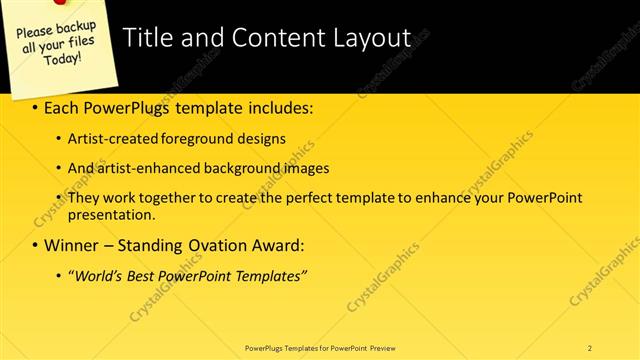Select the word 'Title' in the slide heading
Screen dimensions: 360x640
pos(147,38)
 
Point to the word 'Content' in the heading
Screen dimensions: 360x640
pos(273,38)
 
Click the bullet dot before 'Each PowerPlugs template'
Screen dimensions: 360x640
pos(37,108)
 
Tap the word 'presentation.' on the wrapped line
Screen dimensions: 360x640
pos(111,214)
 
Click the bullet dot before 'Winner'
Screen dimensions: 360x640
pos(37,245)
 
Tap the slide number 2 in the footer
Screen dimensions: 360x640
pos(590,347)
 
